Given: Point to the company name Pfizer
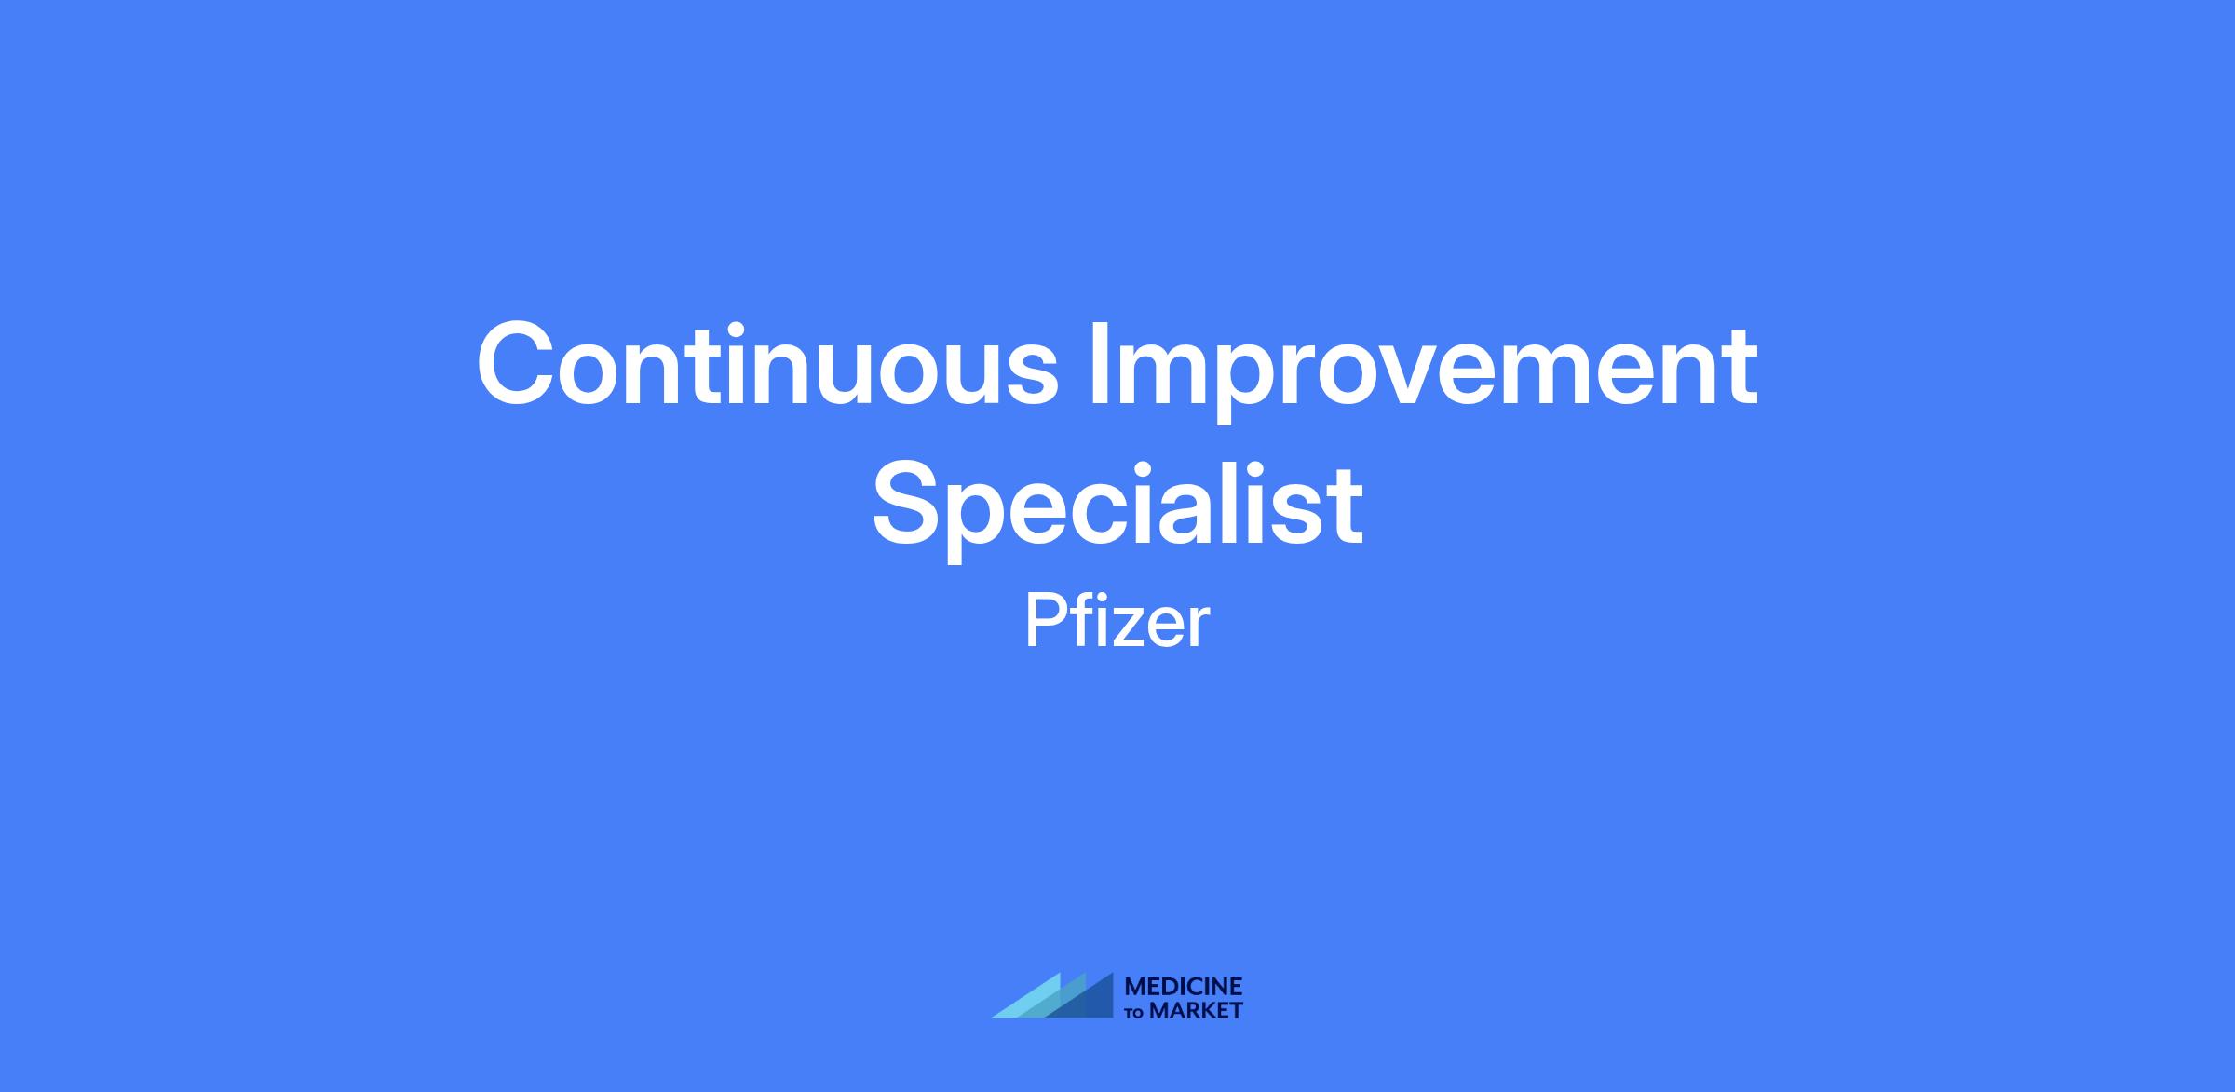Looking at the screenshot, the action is tap(1117, 622).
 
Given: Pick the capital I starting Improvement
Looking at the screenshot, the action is tap(1098, 364).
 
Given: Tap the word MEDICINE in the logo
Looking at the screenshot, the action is tap(1184, 987).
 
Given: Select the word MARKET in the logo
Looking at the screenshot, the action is tap(1197, 1010).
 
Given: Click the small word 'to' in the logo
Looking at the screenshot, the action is tap(1136, 1013).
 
